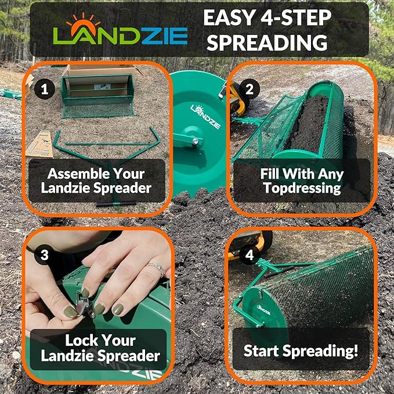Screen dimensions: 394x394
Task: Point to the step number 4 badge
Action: click(250, 254)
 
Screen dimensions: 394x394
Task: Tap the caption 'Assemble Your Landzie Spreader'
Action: click(97, 180)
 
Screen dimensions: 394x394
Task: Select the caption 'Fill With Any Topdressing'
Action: click(301, 180)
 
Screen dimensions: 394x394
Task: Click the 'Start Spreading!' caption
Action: click(301, 350)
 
